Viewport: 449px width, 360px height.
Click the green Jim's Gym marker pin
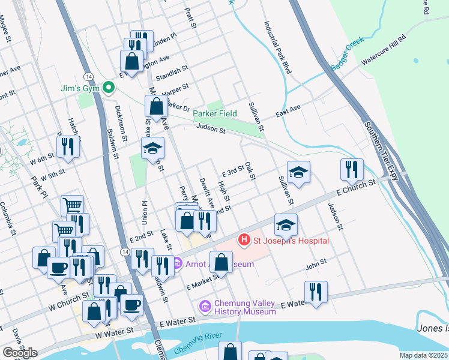[x=109, y=88]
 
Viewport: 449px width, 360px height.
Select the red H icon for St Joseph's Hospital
[x=244, y=241]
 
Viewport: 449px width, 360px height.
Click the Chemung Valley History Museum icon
[x=205, y=307]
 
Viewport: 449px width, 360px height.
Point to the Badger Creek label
[x=347, y=56]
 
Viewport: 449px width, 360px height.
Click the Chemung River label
[x=194, y=346]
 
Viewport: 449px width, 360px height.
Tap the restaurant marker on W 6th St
[x=67, y=147]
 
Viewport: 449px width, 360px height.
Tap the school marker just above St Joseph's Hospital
[x=286, y=225]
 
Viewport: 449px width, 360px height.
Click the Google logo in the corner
[x=20, y=353]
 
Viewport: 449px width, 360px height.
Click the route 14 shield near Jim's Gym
[x=88, y=77]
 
